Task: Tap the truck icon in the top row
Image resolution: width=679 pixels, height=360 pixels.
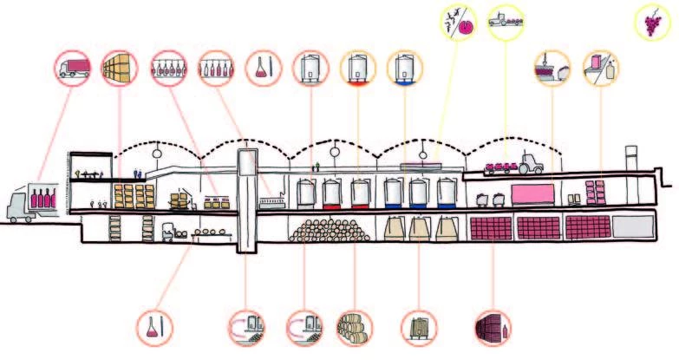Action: click(74, 67)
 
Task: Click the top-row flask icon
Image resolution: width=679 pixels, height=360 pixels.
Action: click(264, 67)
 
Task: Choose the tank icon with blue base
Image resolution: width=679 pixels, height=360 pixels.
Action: click(403, 67)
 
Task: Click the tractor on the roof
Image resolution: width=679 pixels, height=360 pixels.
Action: click(529, 161)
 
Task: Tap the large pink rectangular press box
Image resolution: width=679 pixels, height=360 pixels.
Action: click(532, 191)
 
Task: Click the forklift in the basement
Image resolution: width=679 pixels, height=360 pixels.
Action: click(166, 230)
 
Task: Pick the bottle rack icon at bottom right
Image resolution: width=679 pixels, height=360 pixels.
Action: click(493, 327)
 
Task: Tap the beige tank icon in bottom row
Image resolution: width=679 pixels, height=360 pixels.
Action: click(419, 327)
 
